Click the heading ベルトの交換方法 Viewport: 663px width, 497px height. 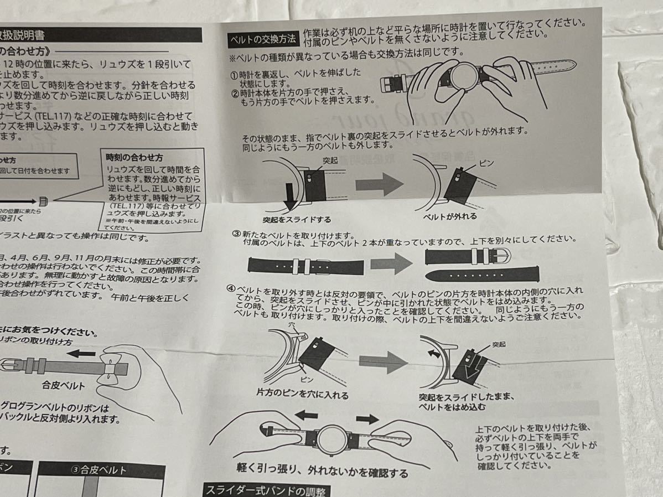(x=263, y=39)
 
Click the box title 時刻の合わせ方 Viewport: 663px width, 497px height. (x=131, y=158)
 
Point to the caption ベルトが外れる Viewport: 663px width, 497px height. (x=450, y=216)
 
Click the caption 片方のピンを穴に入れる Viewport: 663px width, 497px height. (x=302, y=395)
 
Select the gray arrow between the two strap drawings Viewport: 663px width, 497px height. (x=391, y=262)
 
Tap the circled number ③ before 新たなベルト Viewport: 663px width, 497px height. (x=236, y=234)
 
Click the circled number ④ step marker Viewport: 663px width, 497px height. (x=231, y=289)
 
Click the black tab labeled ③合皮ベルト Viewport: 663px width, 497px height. (x=100, y=471)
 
